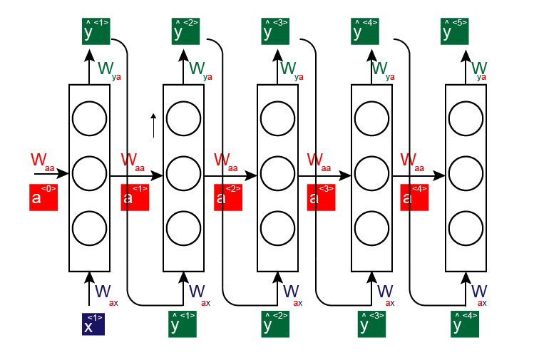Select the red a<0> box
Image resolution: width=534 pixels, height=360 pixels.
(x=43, y=197)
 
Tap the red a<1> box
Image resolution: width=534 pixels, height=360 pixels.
(x=135, y=197)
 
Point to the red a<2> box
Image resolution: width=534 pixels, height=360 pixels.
(x=228, y=197)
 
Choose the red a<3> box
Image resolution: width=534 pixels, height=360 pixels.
(x=322, y=197)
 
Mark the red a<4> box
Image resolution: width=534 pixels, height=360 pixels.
(x=415, y=197)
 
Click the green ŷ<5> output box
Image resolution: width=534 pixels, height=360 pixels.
(x=456, y=31)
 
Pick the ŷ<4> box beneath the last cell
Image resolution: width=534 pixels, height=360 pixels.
(x=465, y=324)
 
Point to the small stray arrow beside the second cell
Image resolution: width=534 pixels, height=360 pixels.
(x=153, y=125)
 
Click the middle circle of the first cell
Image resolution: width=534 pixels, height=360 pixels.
(x=90, y=173)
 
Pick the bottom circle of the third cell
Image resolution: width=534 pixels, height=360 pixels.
(x=277, y=228)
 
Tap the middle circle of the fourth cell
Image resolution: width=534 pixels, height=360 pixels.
(x=372, y=173)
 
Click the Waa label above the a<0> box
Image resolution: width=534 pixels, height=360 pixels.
(x=42, y=160)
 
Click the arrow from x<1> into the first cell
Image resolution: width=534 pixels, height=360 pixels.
(x=90, y=289)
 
